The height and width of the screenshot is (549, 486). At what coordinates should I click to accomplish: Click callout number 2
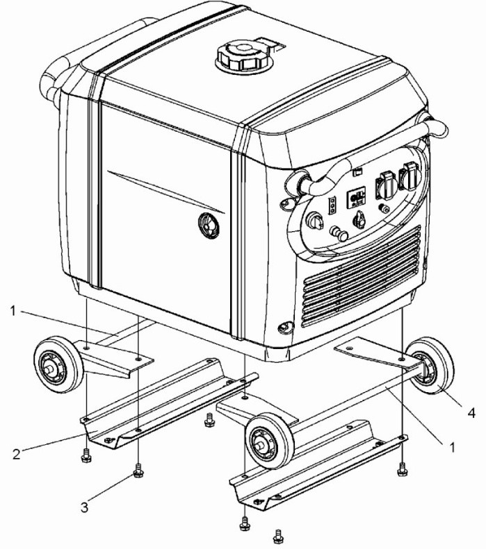coord(17,454)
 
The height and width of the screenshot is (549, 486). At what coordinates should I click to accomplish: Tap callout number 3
coord(84,507)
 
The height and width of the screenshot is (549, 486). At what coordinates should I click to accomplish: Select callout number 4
coord(471,413)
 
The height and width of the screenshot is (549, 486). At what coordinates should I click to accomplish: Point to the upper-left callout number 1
coord(13,310)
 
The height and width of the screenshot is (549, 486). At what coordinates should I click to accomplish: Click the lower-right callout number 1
coord(452,447)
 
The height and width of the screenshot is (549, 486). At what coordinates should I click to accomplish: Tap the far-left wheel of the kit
coord(58,364)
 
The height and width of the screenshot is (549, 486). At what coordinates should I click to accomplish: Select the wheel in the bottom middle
coord(270,441)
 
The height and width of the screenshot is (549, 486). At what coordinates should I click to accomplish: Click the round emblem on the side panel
coord(209,226)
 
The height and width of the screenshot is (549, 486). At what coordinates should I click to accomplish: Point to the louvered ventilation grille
coord(361,277)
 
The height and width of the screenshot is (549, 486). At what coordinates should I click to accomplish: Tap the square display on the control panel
coord(356,198)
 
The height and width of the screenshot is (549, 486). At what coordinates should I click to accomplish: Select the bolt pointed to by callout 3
coord(138,470)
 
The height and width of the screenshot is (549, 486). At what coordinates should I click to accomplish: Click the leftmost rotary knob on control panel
coord(314,221)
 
